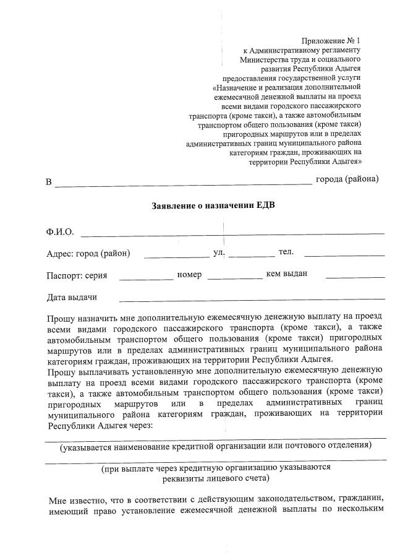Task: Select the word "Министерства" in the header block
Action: pos(264,59)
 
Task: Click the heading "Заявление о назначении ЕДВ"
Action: pos(213,205)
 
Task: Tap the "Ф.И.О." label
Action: pos(60,232)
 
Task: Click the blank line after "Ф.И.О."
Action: pos(232,233)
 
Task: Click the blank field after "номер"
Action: pos(234,277)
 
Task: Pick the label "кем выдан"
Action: pos(287,274)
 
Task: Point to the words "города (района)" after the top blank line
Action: pos(347,179)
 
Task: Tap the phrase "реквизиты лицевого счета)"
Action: pos(216,478)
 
